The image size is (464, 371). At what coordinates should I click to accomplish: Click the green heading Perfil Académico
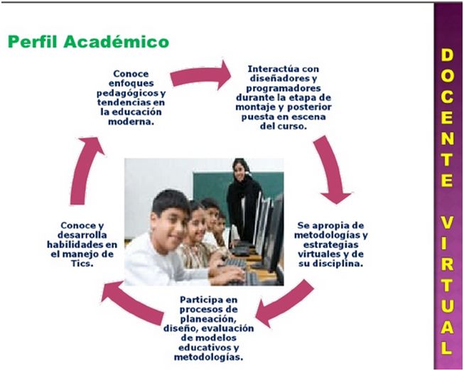88,41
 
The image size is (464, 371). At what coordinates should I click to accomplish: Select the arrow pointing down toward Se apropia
332,168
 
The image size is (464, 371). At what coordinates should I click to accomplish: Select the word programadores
284,89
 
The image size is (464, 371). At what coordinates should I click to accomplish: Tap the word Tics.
82,263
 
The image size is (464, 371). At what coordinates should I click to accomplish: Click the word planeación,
209,319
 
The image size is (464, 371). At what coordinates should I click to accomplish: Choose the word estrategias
330,245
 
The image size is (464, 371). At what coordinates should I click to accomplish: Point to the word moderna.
131,122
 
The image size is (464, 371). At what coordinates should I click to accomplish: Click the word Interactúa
270,69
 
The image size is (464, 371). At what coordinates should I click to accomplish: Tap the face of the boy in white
169,222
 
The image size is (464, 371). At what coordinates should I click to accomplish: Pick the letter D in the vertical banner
447,55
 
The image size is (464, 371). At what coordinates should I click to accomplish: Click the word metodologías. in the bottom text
208,357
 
